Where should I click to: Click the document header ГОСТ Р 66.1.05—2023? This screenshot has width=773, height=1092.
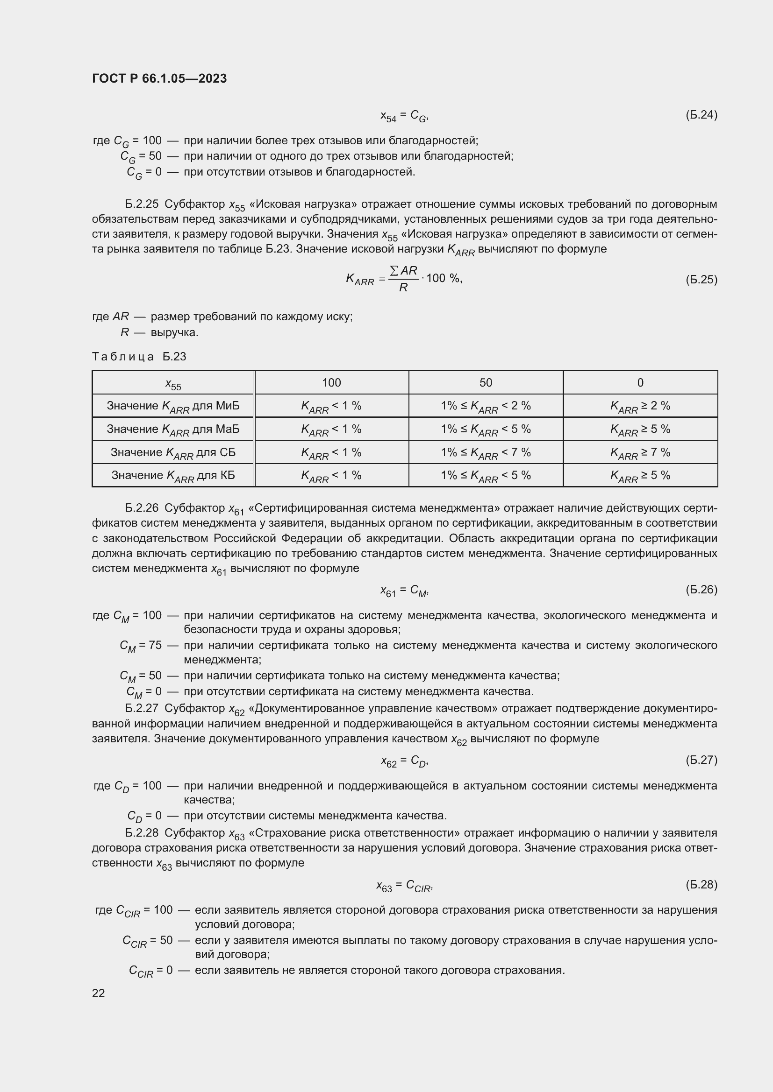tap(159, 78)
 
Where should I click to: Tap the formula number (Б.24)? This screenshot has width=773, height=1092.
tap(701, 115)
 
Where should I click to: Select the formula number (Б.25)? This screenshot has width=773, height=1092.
tap(701, 279)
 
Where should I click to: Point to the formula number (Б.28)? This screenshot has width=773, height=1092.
tap(701, 884)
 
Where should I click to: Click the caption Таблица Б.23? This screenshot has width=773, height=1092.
tap(139, 356)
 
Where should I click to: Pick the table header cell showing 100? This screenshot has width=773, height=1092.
tap(331, 382)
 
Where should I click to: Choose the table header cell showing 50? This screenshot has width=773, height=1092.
tap(486, 382)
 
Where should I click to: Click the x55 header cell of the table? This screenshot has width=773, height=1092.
tap(173, 384)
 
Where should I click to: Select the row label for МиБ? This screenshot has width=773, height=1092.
tap(173, 406)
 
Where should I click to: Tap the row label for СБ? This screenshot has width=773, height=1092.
tap(173, 452)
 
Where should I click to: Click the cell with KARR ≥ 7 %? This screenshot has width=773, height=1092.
tap(640, 452)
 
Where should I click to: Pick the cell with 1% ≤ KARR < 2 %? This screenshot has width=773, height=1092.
tap(486, 406)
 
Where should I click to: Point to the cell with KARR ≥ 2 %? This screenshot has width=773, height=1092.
tap(640, 406)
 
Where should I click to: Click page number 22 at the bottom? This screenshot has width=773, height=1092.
tap(99, 993)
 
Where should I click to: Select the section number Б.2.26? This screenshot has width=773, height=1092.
tap(141, 508)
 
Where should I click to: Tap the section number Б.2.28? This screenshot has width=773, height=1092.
tap(141, 833)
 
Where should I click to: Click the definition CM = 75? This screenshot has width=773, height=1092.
tap(140, 646)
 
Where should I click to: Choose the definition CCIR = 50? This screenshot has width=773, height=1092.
tap(148, 941)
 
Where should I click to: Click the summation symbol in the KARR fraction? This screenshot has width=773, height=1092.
tap(394, 271)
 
